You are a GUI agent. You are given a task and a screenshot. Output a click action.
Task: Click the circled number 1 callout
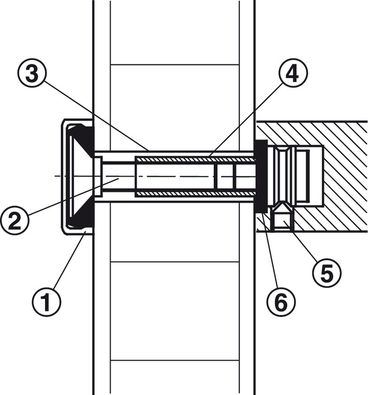point(47,302)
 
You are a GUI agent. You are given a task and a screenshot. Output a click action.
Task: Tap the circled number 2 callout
point(15,220)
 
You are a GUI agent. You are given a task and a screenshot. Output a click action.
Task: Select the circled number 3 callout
point(32,73)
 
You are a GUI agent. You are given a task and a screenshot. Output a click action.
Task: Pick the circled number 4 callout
point(293,73)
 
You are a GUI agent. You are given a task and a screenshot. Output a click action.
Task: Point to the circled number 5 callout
point(327,272)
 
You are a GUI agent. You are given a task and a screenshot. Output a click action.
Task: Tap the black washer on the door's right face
point(261,176)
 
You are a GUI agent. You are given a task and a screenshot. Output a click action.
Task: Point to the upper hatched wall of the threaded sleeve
point(195,159)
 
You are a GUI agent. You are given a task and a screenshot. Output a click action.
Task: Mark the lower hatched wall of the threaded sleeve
point(195,194)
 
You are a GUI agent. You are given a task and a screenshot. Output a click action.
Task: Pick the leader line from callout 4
point(246,120)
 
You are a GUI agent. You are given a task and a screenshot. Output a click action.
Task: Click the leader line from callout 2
point(73,196)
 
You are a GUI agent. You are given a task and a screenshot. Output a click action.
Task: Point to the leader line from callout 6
point(270,250)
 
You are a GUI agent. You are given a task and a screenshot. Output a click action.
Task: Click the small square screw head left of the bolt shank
point(98,176)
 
